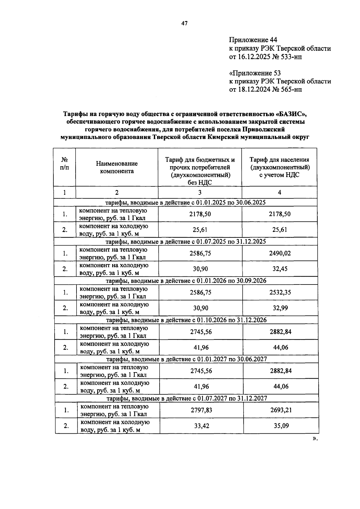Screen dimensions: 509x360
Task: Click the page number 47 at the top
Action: pyautogui.click(x=184, y=23)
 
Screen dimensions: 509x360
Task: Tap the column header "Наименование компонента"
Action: pyautogui.click(x=117, y=167)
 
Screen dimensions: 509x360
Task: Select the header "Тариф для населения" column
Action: pyautogui.click(x=279, y=167)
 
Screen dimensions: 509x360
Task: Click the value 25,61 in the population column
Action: pyautogui.click(x=280, y=230)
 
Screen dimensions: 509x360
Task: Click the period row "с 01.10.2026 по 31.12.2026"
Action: pyautogui.click(x=186, y=320)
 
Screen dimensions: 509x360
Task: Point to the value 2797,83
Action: pyautogui.click(x=201, y=410)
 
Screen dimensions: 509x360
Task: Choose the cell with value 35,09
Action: pyautogui.click(x=281, y=426)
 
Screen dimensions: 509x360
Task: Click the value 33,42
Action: pyautogui.click(x=202, y=426)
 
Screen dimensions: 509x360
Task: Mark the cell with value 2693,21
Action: pyautogui.click(x=281, y=410)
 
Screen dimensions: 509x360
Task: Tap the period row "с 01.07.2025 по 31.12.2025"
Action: pyautogui.click(x=186, y=241)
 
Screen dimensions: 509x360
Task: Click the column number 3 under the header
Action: pyautogui.click(x=200, y=193)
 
